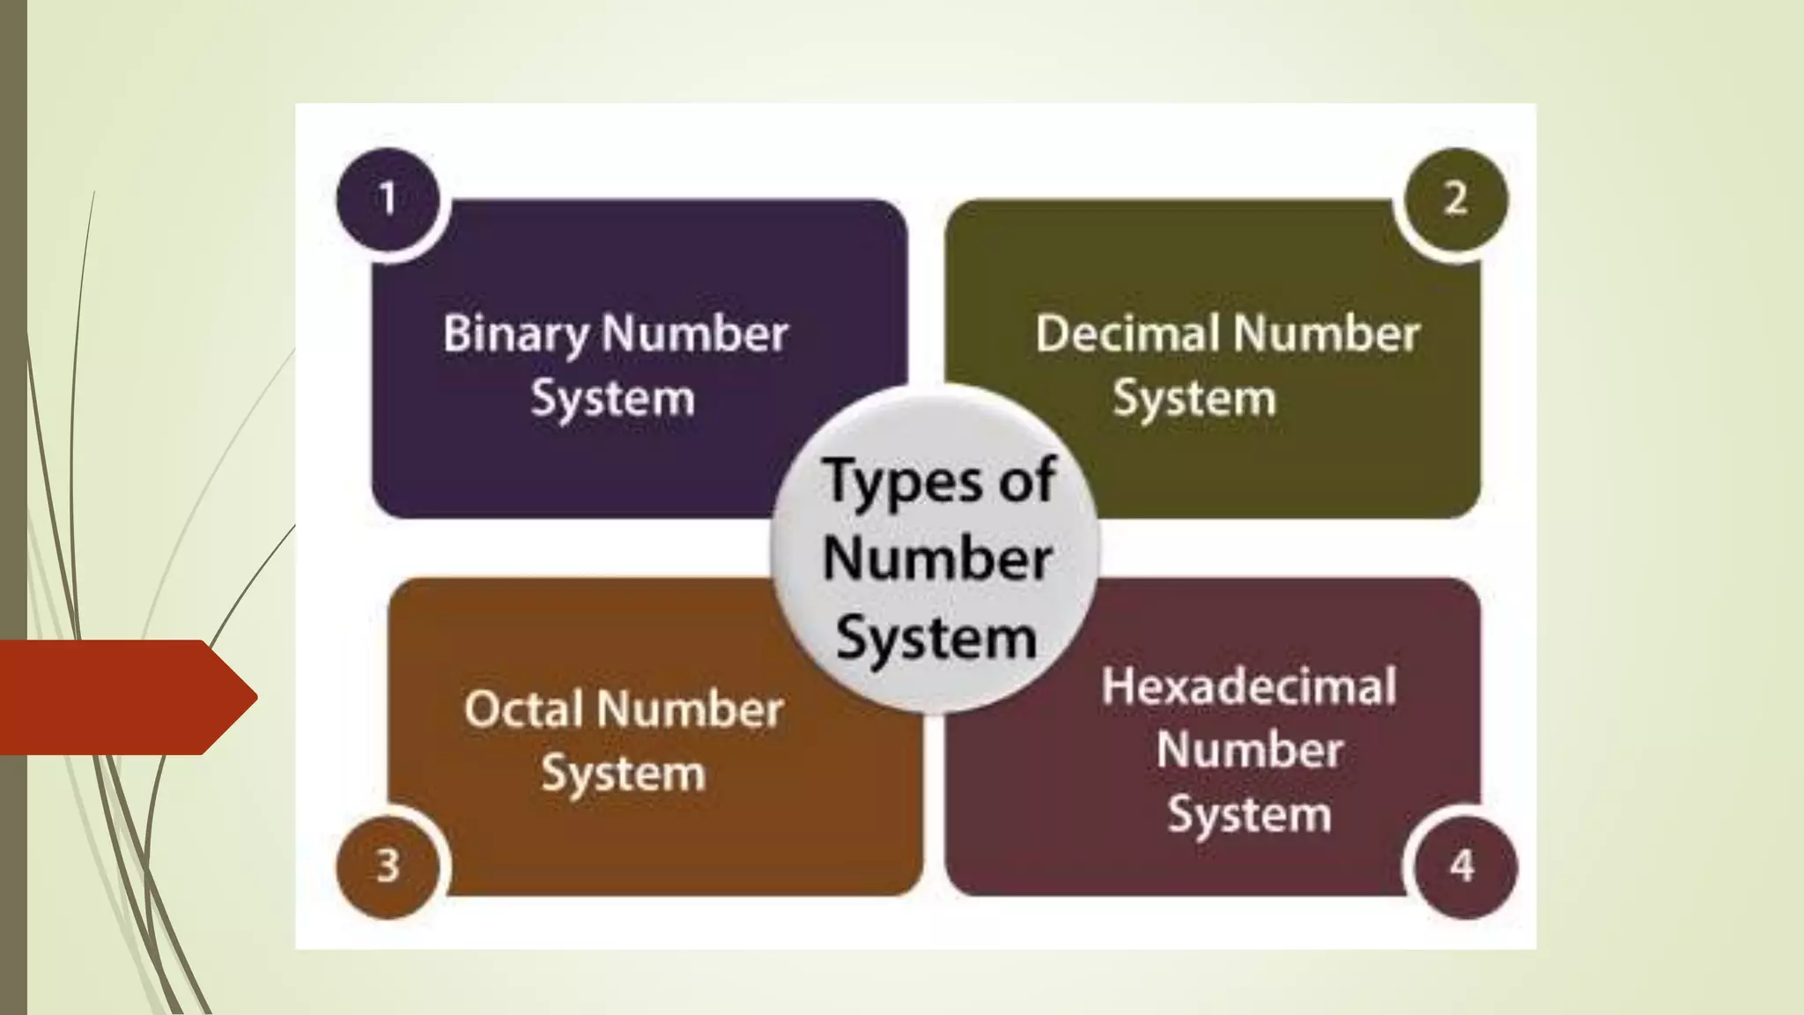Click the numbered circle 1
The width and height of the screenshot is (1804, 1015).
click(x=388, y=198)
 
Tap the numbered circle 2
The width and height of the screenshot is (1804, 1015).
click(x=1455, y=198)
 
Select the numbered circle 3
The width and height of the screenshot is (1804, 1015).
click(x=388, y=865)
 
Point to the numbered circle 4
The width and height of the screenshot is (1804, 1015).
click(x=1462, y=865)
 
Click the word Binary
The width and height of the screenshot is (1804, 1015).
click(x=516, y=335)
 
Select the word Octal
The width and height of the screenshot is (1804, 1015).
click(x=523, y=708)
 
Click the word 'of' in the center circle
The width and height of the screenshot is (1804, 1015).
click(x=1027, y=481)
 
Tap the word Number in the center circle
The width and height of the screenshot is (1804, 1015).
click(x=937, y=559)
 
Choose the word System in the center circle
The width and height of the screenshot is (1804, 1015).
click(x=936, y=637)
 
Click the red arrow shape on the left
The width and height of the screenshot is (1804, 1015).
click(x=123, y=697)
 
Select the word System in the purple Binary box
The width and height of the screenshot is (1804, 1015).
click(x=613, y=398)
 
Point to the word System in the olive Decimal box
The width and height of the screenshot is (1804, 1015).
click(x=1194, y=398)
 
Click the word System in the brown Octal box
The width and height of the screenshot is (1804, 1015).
click(x=624, y=774)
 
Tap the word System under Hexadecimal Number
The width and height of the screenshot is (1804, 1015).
click(x=1249, y=814)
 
